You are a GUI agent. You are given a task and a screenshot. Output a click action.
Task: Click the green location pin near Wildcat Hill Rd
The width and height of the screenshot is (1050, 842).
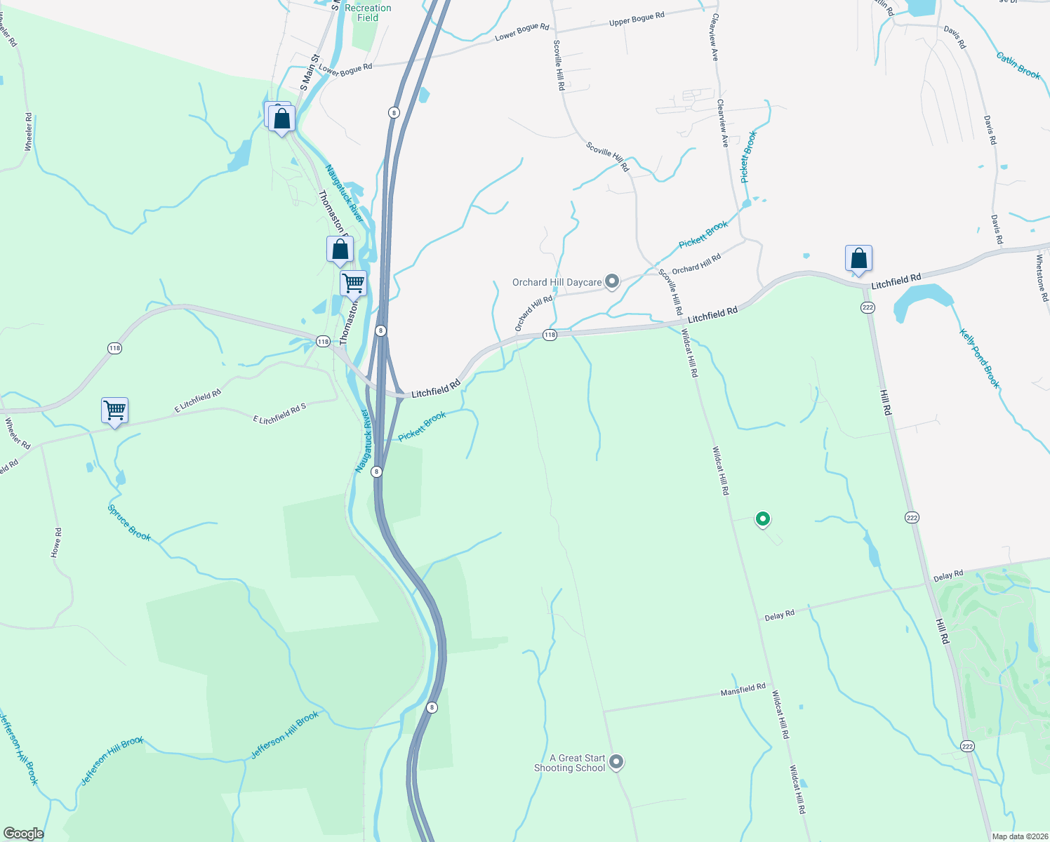pyautogui.click(x=763, y=519)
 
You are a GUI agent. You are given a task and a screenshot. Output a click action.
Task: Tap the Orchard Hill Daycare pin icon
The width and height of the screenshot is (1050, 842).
pyautogui.click(x=612, y=282)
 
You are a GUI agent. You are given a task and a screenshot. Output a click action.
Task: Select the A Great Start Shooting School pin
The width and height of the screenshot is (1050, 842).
pyautogui.click(x=616, y=761)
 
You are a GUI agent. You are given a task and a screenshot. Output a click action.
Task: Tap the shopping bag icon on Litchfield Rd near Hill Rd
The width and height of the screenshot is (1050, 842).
pyautogui.click(x=858, y=259)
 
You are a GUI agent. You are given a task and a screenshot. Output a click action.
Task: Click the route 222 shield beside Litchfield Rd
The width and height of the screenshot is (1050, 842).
pyautogui.click(x=868, y=307)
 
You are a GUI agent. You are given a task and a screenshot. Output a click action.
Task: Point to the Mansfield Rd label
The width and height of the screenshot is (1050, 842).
pyautogui.click(x=743, y=690)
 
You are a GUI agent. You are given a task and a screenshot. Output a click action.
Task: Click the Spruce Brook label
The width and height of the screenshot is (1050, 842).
pyautogui.click(x=129, y=523)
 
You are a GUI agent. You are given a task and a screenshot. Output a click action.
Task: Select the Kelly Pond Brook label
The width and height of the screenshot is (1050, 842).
pyautogui.click(x=980, y=358)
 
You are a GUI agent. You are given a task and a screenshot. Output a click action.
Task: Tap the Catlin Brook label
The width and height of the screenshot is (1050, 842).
pyautogui.click(x=1018, y=65)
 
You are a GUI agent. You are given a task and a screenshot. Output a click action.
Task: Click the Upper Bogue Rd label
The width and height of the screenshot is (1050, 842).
pyautogui.click(x=637, y=19)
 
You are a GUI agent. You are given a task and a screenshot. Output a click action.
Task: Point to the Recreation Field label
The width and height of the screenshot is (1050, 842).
pyautogui.click(x=368, y=13)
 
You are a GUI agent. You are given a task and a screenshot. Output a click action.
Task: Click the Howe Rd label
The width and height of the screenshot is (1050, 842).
pyautogui.click(x=56, y=543)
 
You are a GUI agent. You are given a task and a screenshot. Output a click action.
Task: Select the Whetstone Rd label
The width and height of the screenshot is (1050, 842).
pyautogui.click(x=1042, y=278)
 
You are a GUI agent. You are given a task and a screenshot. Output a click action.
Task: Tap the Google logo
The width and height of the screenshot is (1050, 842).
pyautogui.click(x=24, y=834)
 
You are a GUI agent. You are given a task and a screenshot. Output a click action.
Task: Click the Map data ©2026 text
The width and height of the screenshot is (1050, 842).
pyautogui.click(x=1019, y=836)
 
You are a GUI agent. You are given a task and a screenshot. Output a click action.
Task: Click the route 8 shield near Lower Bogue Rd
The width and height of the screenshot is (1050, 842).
pyautogui.click(x=394, y=112)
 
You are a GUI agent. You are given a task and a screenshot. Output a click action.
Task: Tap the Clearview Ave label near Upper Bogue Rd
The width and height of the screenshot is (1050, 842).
pyautogui.click(x=715, y=37)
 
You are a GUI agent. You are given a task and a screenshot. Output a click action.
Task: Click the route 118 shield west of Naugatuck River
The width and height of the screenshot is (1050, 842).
pyautogui.click(x=114, y=348)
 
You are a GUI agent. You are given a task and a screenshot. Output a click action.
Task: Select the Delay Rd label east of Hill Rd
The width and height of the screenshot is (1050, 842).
pyautogui.click(x=948, y=576)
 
